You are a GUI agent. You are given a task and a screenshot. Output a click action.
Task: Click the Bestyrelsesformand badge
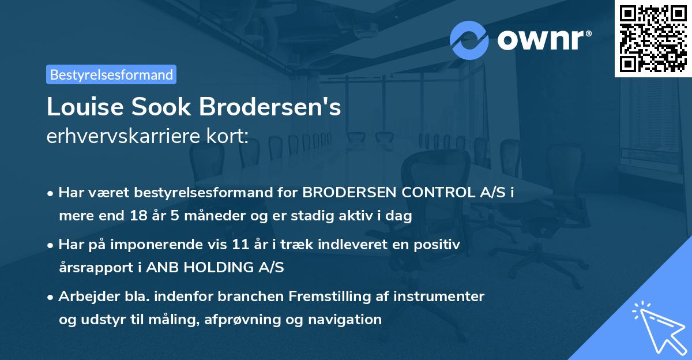coord(111,74)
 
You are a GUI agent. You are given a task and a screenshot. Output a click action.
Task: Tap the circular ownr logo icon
coord(469,40)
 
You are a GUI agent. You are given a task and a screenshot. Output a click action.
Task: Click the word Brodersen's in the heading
coord(270,108)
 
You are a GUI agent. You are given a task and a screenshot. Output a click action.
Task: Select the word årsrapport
coord(93,267)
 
